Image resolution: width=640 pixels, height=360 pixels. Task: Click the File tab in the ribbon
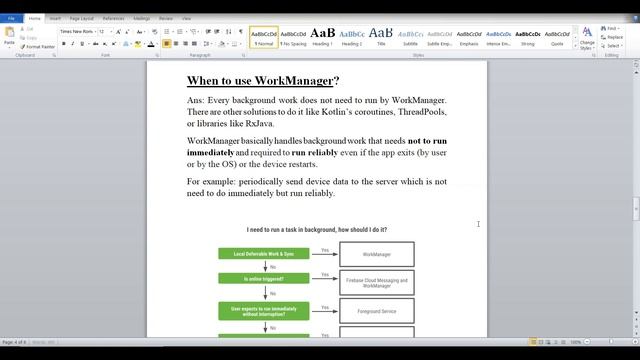pos(11,18)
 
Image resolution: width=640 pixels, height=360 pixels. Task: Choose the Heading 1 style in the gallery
pos(322,36)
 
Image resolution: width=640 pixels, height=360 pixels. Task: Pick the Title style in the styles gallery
pos(380,36)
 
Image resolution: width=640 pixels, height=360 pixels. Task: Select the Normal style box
pos(264,36)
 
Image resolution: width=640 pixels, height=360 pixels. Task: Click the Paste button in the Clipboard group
pos(9,37)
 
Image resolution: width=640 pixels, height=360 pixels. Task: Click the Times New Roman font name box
pos(77,31)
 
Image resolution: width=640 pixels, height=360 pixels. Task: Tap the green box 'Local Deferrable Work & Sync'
pos(264,254)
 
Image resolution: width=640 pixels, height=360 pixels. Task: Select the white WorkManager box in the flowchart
pos(377,254)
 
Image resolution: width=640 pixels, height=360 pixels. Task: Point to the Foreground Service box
pos(377,310)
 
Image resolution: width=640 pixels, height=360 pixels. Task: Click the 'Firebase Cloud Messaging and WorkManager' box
pos(377,282)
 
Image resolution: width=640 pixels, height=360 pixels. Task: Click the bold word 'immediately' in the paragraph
pos(210,152)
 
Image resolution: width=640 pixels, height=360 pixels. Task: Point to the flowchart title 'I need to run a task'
pos(316,230)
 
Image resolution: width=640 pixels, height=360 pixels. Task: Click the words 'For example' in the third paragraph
pos(209,181)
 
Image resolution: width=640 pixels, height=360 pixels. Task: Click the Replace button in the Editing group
pos(613,37)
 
